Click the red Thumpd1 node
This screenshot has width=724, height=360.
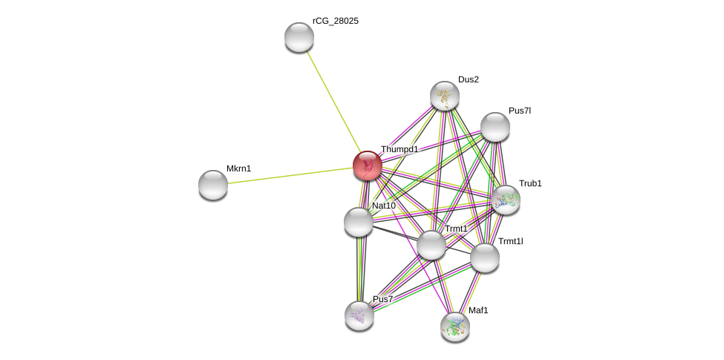click(x=367, y=166)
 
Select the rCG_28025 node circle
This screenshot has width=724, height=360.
click(x=299, y=37)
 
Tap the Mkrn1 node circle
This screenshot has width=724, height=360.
click(x=213, y=185)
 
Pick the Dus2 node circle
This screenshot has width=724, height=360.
click(x=445, y=96)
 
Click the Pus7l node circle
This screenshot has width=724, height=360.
click(x=495, y=127)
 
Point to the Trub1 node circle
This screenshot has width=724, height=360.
click(x=506, y=200)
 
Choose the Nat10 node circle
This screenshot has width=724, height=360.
click(x=359, y=222)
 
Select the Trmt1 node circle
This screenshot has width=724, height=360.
click(x=431, y=245)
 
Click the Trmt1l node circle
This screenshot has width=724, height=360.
click(x=485, y=258)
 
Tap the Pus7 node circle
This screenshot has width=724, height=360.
click(x=359, y=315)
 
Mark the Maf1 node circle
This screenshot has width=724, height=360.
click(x=455, y=327)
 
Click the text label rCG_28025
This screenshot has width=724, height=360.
click(x=336, y=21)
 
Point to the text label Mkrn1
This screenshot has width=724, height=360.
click(x=239, y=168)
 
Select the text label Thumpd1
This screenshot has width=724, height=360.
click(x=399, y=149)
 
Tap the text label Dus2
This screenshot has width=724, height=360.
click(x=469, y=79)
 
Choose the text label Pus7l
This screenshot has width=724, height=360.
click(x=520, y=111)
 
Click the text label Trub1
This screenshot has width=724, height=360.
click(x=530, y=183)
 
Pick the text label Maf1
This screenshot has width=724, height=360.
click(x=478, y=310)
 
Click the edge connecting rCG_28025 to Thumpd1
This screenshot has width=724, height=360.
click(x=332, y=99)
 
